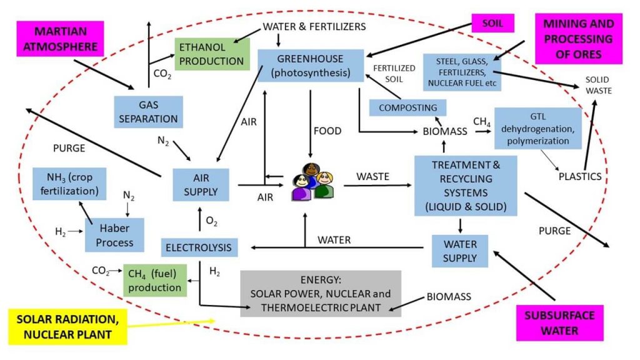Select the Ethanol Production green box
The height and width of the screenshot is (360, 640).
click(211, 54)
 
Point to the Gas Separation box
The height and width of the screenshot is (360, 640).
click(147, 111)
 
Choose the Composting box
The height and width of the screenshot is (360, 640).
click(408, 107)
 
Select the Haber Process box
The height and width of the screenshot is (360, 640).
click(115, 234)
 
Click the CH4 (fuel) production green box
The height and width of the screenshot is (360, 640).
click(154, 280)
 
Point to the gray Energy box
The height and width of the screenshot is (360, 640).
click(321, 293)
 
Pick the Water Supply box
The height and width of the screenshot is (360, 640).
click(460, 250)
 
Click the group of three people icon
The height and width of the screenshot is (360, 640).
click(310, 182)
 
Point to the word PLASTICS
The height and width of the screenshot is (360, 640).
click(580, 176)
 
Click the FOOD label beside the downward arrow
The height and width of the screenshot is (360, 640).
click(328, 131)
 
